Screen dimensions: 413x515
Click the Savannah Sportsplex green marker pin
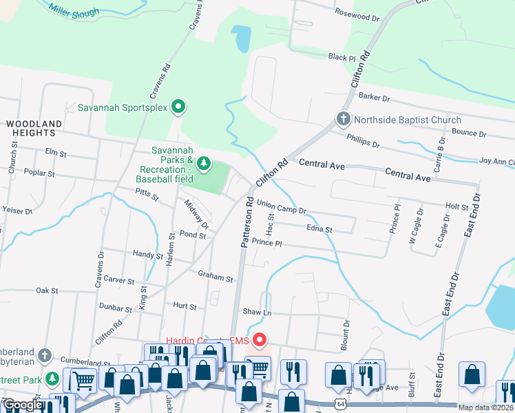[178, 107]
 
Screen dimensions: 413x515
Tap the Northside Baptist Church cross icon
[343, 120]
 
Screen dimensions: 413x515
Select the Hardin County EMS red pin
[259, 339]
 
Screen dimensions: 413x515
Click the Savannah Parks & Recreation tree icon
[203, 163]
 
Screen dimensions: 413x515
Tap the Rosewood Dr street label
[357, 14]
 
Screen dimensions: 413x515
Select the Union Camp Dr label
[281, 205]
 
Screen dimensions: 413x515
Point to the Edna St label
[319, 229]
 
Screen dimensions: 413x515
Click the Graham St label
[216, 277]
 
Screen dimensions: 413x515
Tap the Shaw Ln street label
[253, 312]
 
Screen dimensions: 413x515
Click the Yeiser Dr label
[19, 211]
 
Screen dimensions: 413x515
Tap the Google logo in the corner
[22, 405]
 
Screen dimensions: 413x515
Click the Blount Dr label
[346, 330]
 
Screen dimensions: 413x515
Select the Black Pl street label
[341, 57]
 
